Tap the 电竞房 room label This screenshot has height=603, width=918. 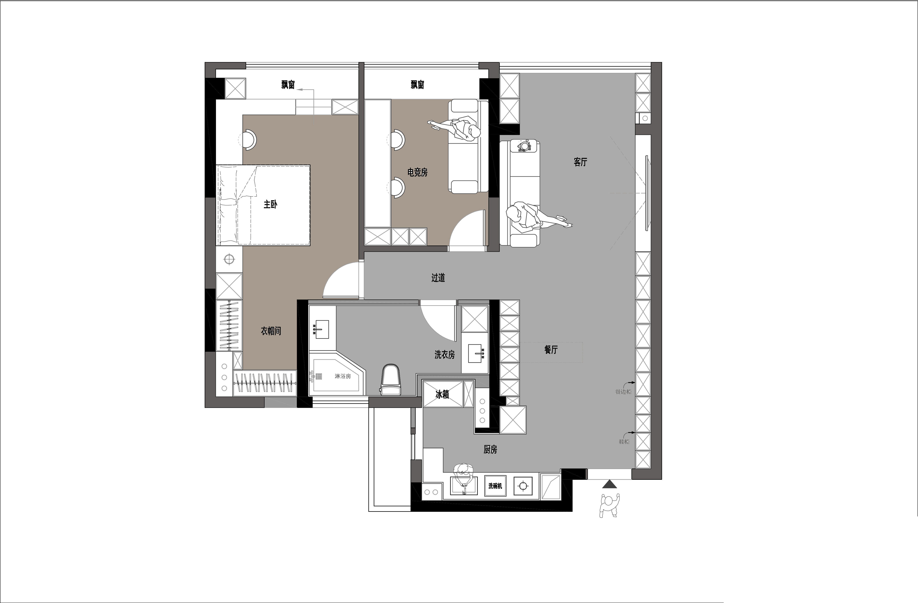point(417,172)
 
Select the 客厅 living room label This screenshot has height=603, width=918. point(580,162)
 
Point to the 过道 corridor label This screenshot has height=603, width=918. point(438,278)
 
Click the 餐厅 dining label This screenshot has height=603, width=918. point(551,350)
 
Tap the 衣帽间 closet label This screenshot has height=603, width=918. point(271,331)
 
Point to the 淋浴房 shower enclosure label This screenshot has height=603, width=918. point(343,376)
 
